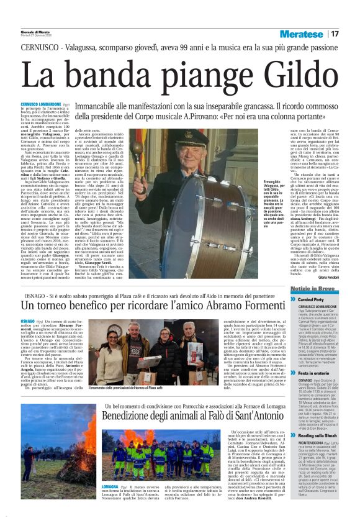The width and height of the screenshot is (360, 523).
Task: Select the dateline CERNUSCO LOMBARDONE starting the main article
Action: [x=41, y=104]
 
